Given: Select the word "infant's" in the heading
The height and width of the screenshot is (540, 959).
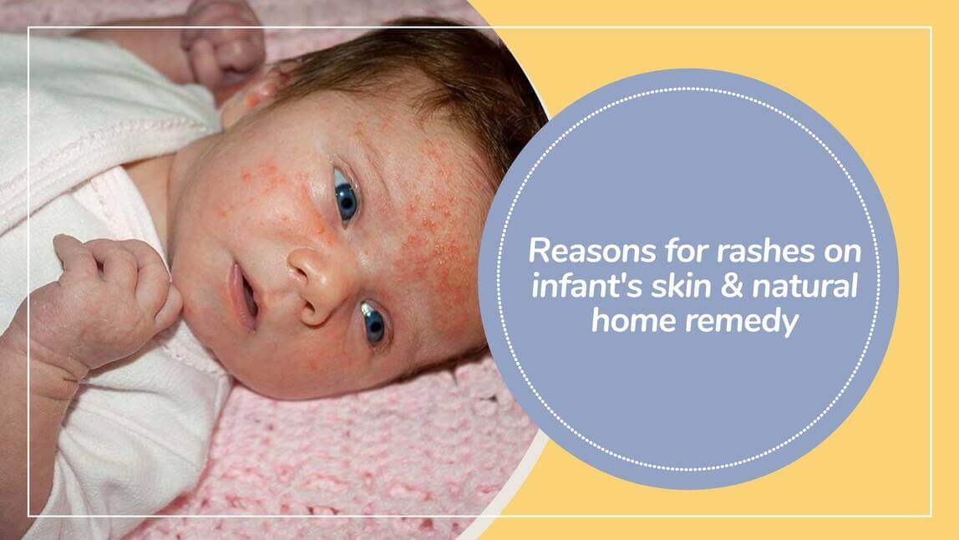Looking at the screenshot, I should pos(568,285).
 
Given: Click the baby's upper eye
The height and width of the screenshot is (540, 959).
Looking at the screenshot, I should pos(345,195).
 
